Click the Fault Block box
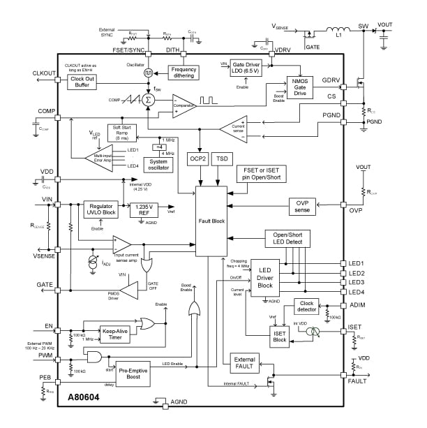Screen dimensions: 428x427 (211, 221)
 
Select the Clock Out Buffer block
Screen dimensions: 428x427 (82, 82)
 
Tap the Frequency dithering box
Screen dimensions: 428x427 (183, 72)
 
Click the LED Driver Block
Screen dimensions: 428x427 (265, 277)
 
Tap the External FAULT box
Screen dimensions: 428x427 (245, 362)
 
